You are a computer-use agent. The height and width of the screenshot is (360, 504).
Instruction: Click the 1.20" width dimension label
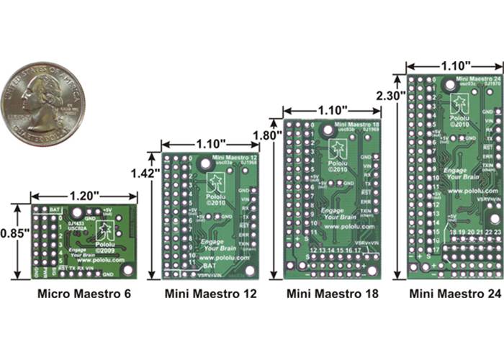84,194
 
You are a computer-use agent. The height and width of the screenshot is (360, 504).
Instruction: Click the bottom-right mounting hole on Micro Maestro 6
128,269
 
